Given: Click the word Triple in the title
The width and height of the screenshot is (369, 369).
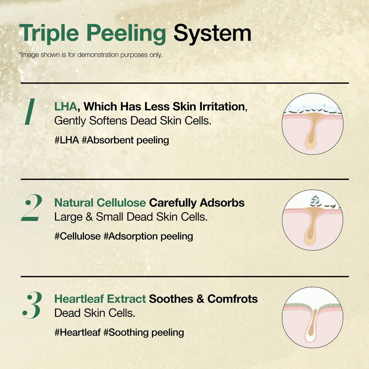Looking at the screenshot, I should coord(49,33).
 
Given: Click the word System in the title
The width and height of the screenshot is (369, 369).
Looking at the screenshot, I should coord(212,33).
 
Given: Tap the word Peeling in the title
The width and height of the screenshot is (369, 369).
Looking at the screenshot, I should coord(126,33).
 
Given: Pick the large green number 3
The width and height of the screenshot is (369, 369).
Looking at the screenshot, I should coord(32,305).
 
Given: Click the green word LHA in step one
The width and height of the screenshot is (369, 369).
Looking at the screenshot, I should coord(65,107).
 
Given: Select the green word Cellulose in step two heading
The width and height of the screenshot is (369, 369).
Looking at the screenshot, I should coord(121,203).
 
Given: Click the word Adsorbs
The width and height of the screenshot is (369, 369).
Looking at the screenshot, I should coord(222,203).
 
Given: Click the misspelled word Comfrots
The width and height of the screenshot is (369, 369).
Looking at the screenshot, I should coord(232,299).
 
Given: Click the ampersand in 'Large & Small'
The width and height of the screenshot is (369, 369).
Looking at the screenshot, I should coord(89,217).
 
